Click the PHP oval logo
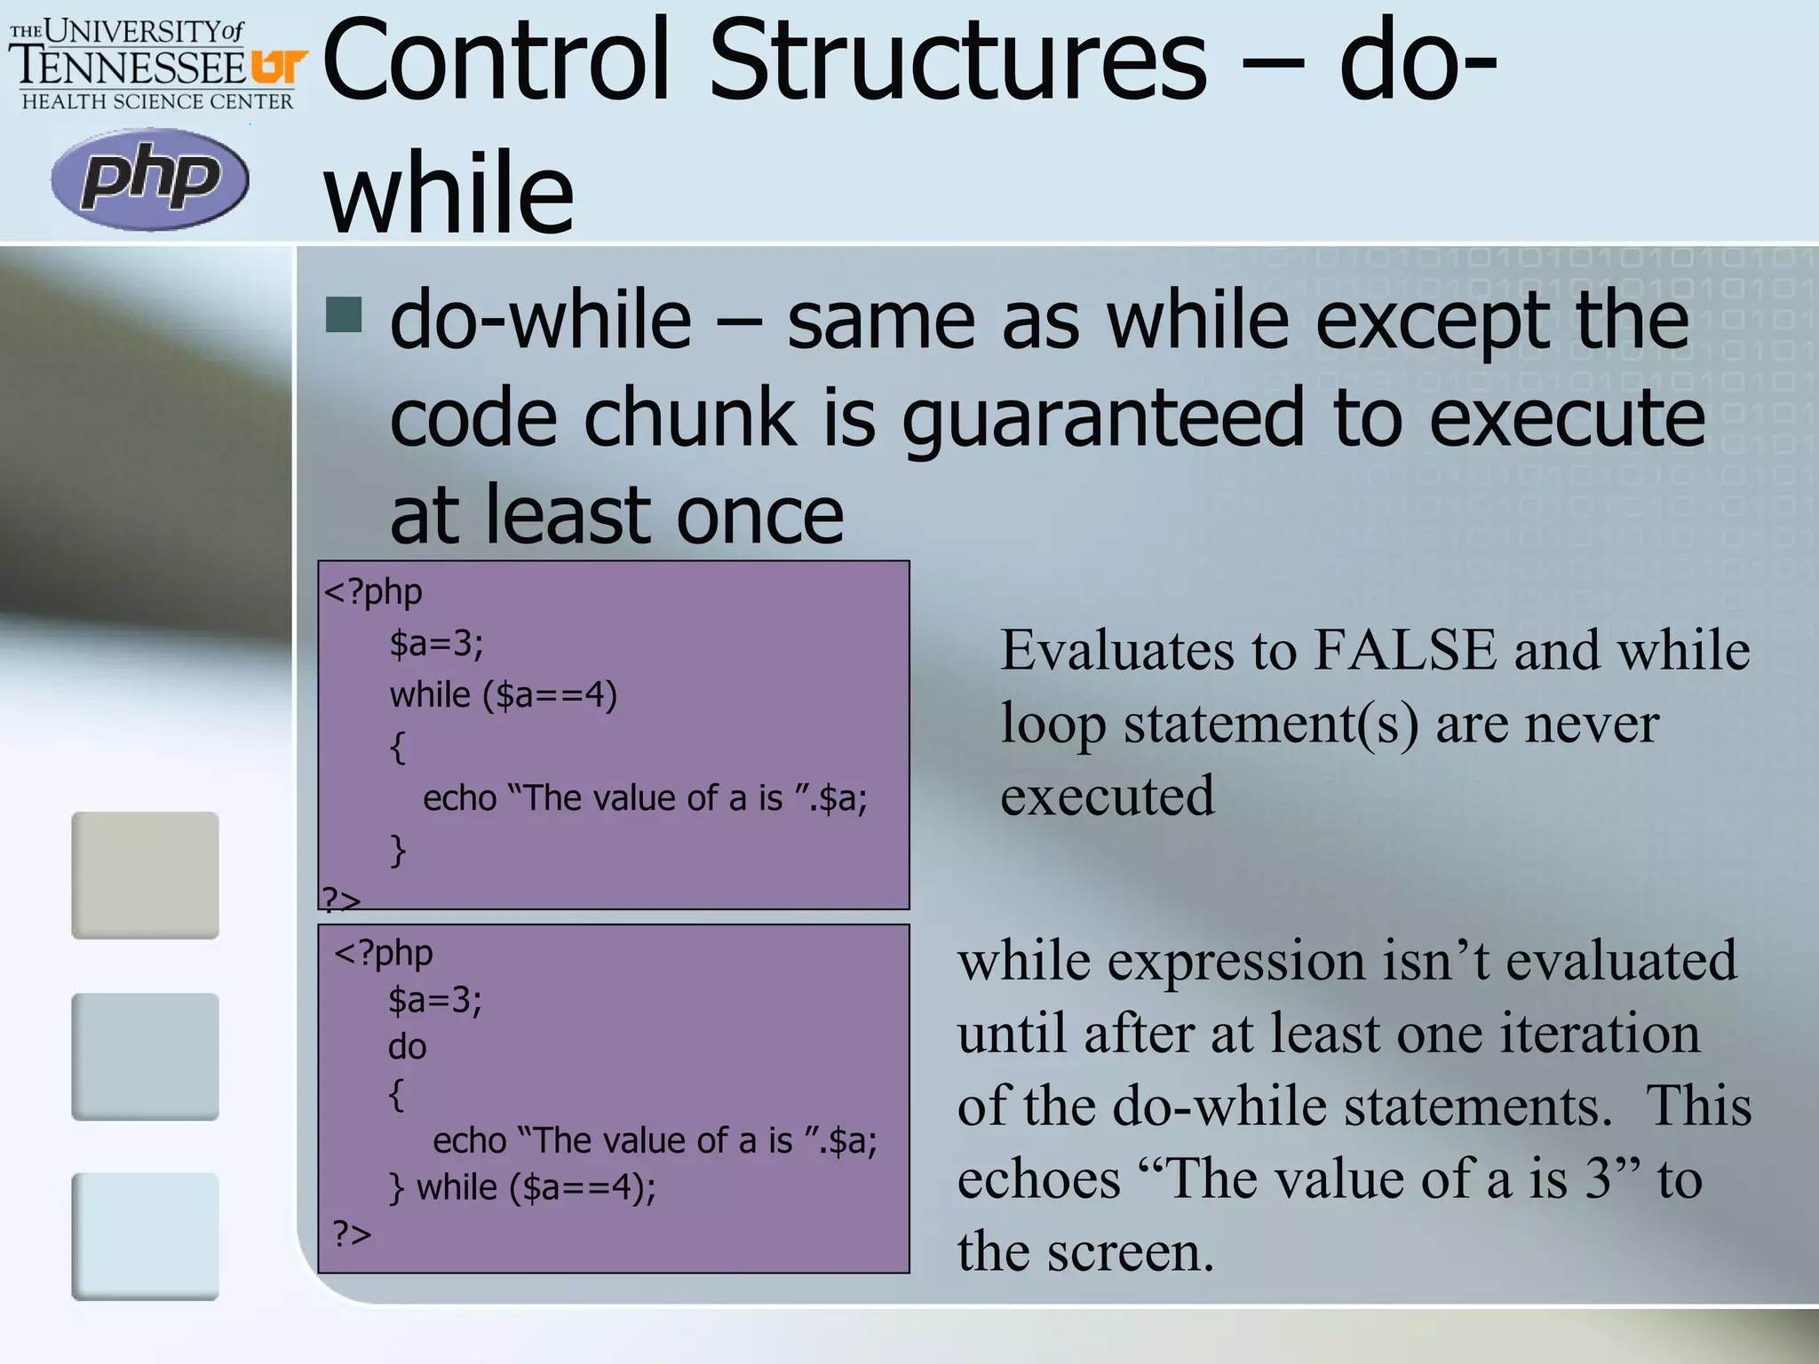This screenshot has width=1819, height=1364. [149, 178]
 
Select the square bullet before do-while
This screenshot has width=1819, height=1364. [344, 314]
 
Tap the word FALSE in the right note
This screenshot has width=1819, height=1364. [1405, 650]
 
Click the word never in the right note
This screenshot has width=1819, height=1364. [1591, 723]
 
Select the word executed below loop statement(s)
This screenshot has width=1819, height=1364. [1107, 796]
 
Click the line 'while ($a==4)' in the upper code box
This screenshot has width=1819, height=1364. [503, 694]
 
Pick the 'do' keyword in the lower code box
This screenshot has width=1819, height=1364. [407, 1047]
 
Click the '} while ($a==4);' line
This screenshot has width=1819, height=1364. [522, 1187]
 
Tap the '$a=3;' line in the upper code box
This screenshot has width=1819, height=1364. [436, 642]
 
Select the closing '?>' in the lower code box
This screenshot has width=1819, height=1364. [352, 1233]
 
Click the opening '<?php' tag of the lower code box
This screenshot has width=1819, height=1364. [383, 953]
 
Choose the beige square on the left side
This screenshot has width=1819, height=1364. [145, 875]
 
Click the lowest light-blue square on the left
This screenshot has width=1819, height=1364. [145, 1236]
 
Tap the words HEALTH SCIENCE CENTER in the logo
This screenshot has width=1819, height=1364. [157, 102]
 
